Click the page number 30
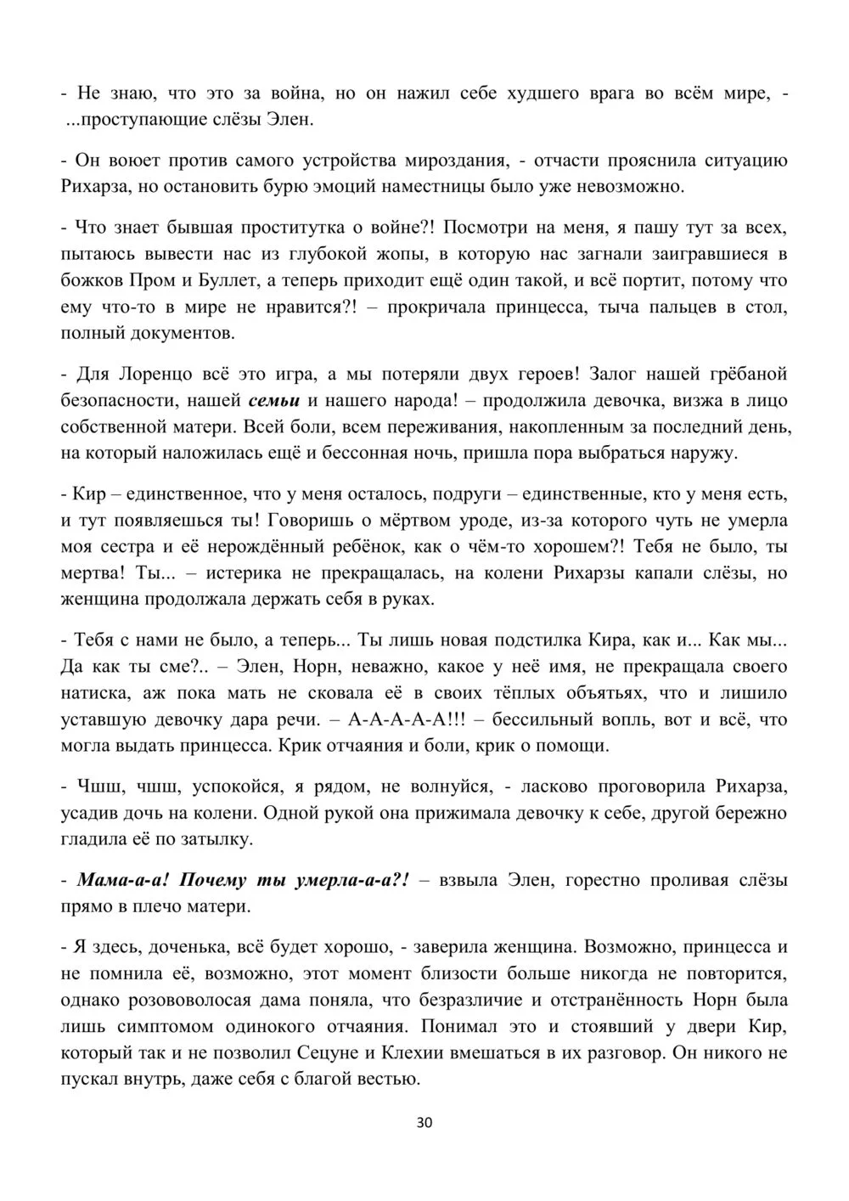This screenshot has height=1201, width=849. click(x=425, y=1123)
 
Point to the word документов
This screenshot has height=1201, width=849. click(x=179, y=333)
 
